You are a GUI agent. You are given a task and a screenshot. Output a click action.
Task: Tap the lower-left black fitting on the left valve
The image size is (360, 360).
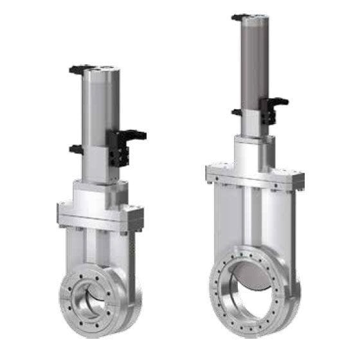76,149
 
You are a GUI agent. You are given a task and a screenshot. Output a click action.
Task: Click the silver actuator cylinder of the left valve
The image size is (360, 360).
97,109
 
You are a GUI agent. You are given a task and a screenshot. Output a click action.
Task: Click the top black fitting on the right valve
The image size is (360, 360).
240,17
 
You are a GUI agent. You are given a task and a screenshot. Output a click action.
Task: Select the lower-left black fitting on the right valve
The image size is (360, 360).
236,112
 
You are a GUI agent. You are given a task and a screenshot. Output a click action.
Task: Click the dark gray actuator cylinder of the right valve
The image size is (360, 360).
254,71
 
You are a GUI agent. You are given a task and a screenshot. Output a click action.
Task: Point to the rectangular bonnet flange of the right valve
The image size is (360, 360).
254,175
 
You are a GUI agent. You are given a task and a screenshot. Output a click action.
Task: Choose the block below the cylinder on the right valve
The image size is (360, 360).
254,151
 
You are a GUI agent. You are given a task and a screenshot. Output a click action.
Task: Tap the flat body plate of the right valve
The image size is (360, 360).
254,219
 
